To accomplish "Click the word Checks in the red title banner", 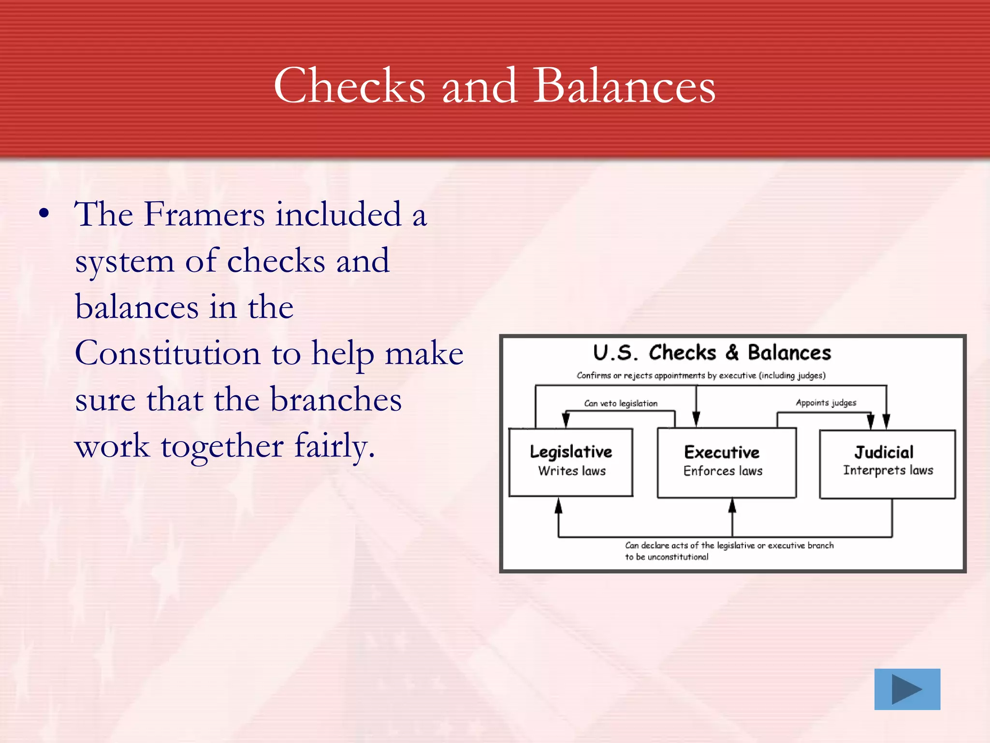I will (x=349, y=86).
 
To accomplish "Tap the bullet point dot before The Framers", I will (x=44, y=214).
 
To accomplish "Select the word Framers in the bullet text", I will (x=204, y=214).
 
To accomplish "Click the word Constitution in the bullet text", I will (x=167, y=353).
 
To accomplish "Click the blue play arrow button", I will (x=907, y=689).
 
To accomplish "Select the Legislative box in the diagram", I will (x=571, y=462).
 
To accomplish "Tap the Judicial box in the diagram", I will (x=888, y=464).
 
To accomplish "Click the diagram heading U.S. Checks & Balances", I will (x=712, y=353).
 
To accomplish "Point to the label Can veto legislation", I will (x=621, y=403).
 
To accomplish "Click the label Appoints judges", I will (x=826, y=402).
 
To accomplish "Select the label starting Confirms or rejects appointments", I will (x=701, y=375).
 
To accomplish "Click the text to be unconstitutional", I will (x=667, y=557).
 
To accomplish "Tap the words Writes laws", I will (x=572, y=471).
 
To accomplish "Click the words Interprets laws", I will (x=888, y=470).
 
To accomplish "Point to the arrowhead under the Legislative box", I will (x=559, y=506).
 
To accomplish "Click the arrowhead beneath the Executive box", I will (x=732, y=506).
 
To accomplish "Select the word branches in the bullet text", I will (x=335, y=400).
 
